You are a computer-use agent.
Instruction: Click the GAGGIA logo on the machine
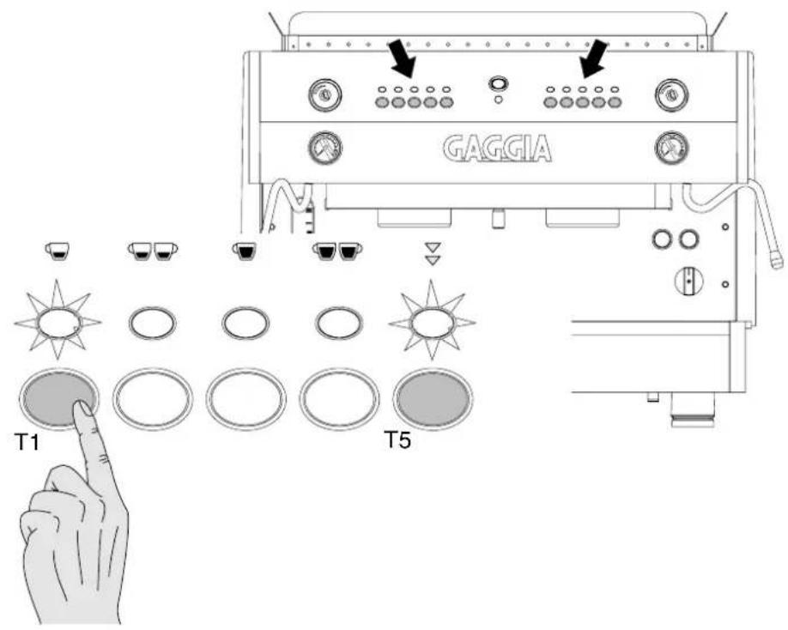(497, 148)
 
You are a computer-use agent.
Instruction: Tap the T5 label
(397, 439)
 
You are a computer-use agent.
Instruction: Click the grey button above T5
(433, 399)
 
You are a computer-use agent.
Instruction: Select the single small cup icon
(58, 250)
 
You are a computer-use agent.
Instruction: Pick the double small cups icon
(153, 251)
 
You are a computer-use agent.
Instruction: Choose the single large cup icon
(245, 251)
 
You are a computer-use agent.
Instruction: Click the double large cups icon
(337, 251)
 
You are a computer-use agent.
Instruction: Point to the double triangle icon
(432, 254)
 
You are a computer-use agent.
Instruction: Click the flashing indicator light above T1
(58, 320)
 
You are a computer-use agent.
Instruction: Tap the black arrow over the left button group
(403, 58)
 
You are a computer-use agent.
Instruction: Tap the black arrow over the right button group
(595, 58)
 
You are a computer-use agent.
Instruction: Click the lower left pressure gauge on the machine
(324, 148)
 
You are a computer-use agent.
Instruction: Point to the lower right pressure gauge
(672, 148)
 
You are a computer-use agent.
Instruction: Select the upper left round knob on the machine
(324, 94)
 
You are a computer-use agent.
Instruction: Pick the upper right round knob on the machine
(672, 94)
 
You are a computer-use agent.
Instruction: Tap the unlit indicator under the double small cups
(153, 322)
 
